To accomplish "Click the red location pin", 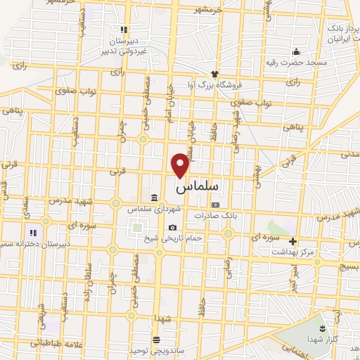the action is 181,164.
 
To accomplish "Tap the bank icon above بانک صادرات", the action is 214,205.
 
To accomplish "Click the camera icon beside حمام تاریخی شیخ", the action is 173,228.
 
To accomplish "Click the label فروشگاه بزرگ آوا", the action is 219,84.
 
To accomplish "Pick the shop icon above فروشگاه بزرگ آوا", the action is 214,73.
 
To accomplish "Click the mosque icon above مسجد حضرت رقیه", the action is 296,51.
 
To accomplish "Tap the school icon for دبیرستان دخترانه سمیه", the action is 32,232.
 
